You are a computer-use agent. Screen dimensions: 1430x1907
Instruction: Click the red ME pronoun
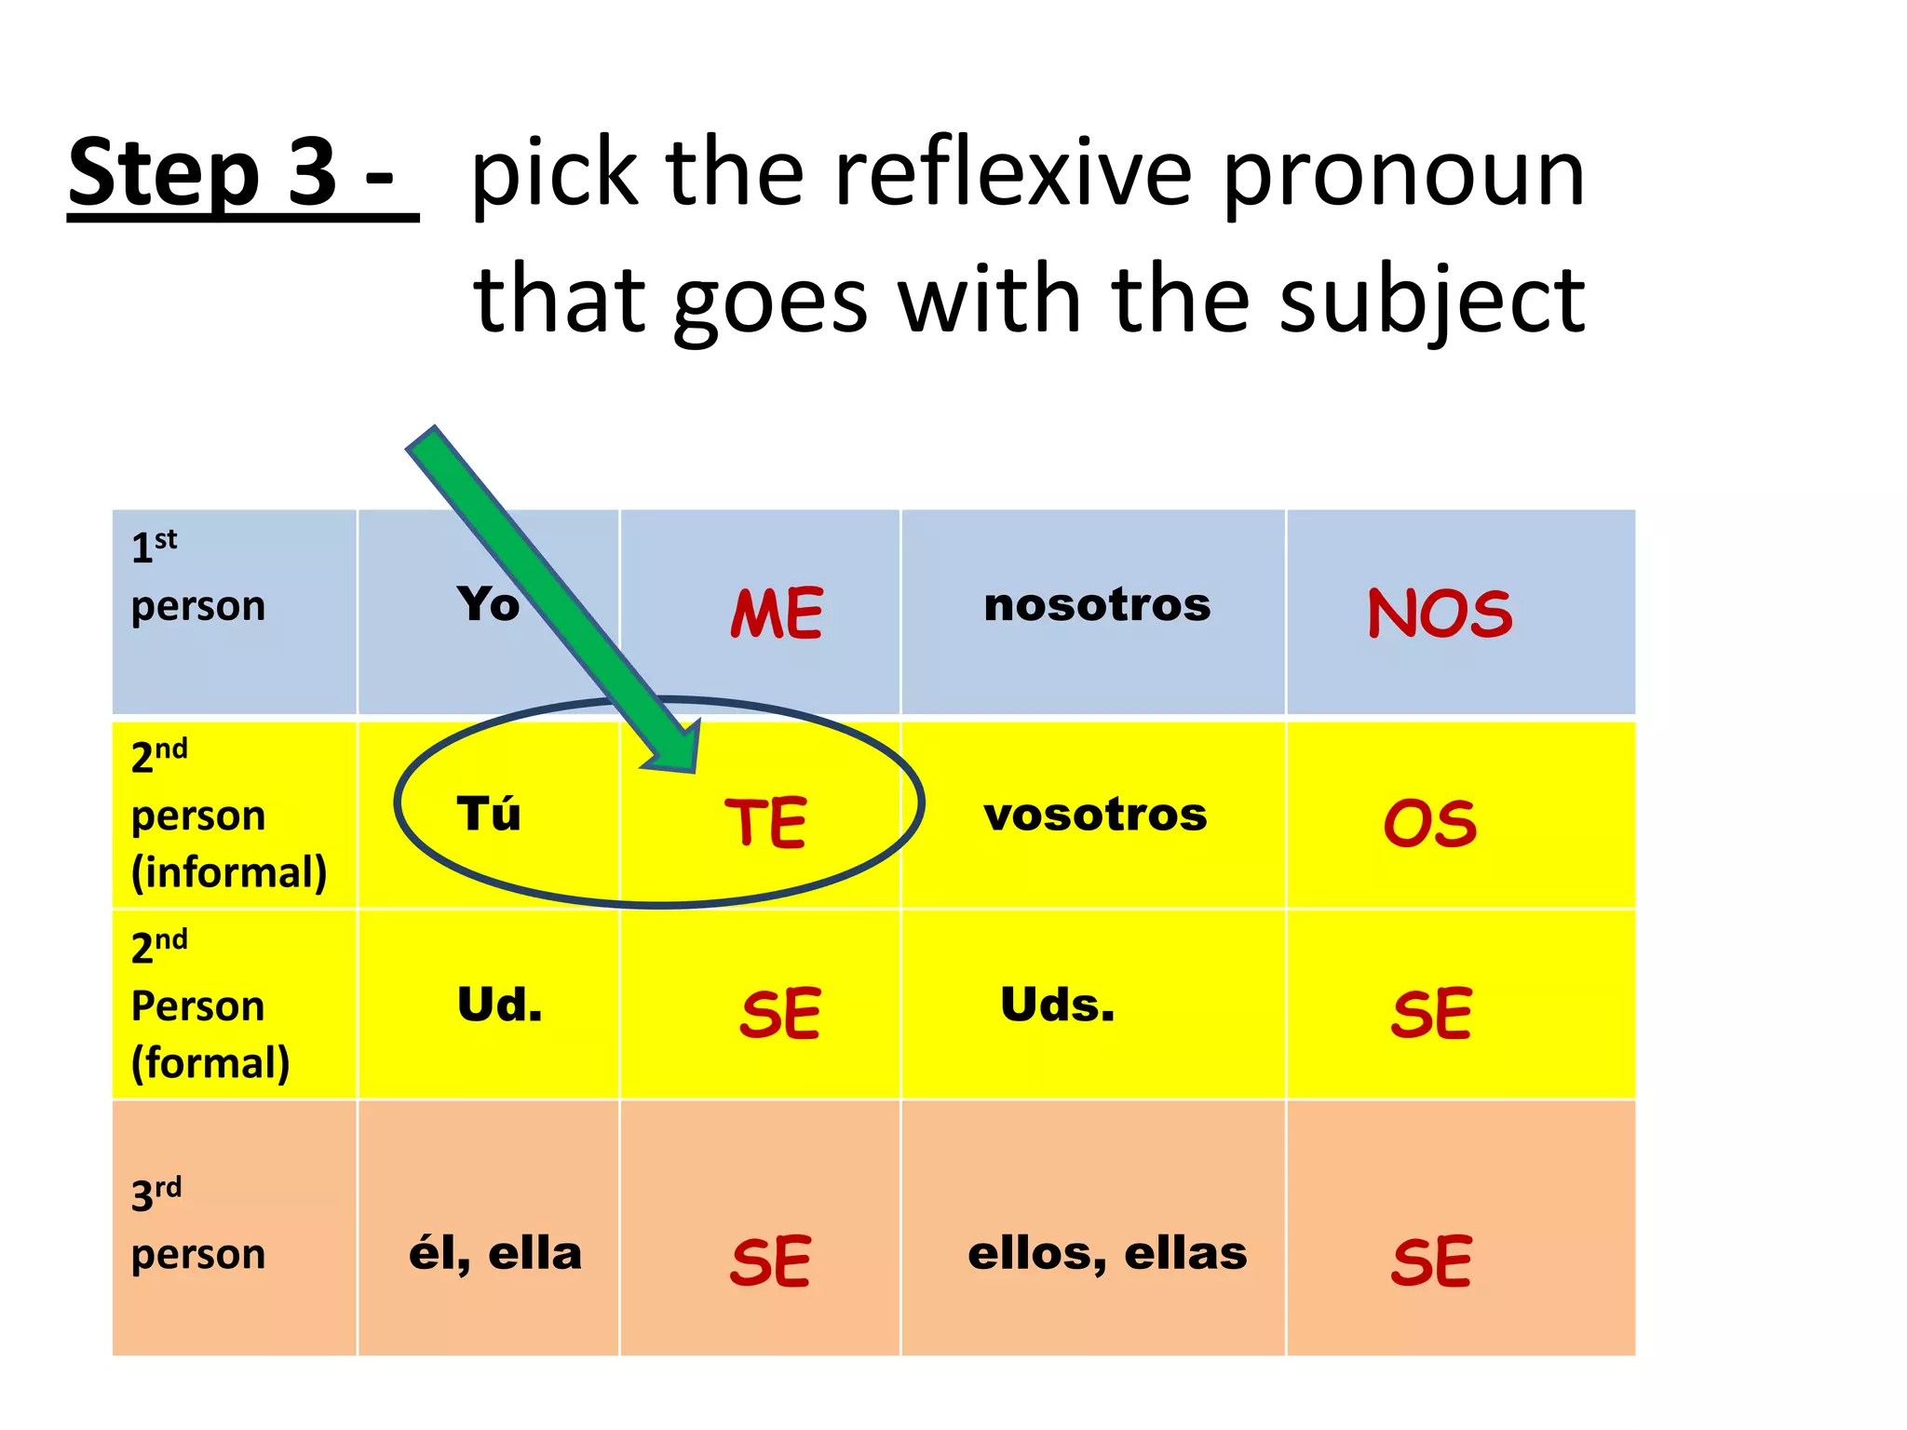[777, 614]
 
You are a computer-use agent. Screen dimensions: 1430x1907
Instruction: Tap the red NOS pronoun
[1440, 614]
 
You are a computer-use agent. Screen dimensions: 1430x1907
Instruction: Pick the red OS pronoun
[1430, 824]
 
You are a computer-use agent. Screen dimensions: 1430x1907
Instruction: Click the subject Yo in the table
[488, 604]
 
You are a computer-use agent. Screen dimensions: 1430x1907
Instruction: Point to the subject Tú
[489, 814]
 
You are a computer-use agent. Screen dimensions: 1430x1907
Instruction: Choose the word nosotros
[1097, 605]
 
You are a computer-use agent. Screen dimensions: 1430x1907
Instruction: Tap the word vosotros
[1095, 815]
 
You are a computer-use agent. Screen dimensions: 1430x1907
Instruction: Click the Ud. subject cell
[499, 1005]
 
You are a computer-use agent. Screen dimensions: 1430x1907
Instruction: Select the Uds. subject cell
[1057, 1005]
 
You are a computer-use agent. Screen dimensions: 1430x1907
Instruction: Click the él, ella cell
[495, 1254]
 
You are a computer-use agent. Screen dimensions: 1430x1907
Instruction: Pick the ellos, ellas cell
[1107, 1254]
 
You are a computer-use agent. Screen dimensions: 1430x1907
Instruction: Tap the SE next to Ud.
[780, 1014]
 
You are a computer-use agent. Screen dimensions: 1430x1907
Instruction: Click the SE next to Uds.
[1431, 1014]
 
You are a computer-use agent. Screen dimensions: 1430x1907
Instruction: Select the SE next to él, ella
[771, 1262]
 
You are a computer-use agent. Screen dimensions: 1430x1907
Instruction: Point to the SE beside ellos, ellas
[1431, 1262]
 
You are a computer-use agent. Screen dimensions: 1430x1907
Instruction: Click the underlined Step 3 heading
[243, 173]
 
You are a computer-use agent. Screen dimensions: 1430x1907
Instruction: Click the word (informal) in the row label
[229, 873]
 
